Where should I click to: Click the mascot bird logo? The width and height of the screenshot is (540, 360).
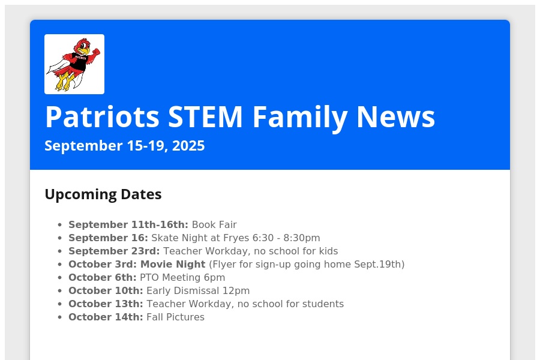[x=74, y=64]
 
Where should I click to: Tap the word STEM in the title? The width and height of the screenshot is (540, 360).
[x=205, y=117]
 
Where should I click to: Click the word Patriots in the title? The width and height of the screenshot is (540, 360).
[x=102, y=117]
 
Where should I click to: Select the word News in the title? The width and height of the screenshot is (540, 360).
[x=396, y=117]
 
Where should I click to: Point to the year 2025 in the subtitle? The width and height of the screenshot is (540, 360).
[x=188, y=146]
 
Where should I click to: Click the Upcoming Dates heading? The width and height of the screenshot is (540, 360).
[x=103, y=194]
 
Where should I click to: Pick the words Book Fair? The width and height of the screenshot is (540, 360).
[x=214, y=224]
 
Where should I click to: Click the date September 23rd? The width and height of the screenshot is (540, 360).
[x=114, y=251]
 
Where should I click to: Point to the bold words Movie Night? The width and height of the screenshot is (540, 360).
[x=173, y=264]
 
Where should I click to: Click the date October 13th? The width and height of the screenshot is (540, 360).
[x=106, y=304]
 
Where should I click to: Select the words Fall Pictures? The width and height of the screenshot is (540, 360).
[x=175, y=317]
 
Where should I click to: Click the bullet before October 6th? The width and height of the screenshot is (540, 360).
[x=60, y=278]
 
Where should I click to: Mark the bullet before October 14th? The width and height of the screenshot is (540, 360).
[x=60, y=317]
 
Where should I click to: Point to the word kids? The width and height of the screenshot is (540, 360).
[x=328, y=251]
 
